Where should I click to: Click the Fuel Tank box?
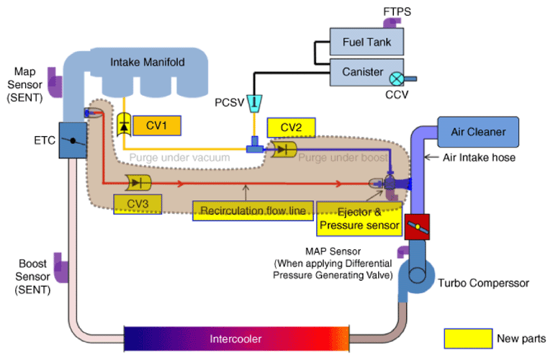click(367, 42)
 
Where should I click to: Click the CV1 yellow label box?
click(156, 126)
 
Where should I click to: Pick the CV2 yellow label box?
click(291, 127)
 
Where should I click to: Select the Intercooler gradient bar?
click(236, 338)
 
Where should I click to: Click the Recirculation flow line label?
click(252, 211)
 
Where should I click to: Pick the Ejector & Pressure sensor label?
click(359, 219)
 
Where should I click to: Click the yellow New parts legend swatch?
click(466, 338)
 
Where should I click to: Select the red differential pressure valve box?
click(416, 226)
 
